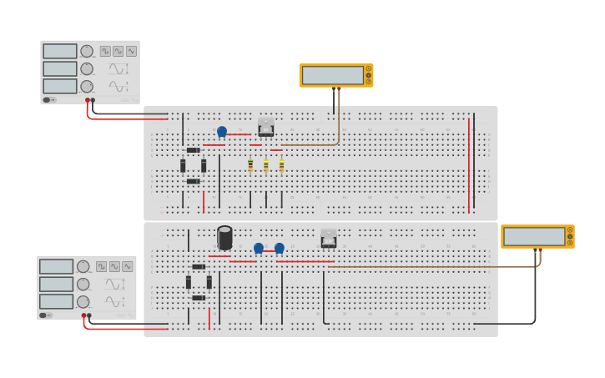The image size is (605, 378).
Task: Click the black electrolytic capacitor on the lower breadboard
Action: tap(224, 238)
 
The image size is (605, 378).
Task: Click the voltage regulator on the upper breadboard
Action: tap(266, 127)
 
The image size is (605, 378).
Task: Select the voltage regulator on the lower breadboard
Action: tap(329, 239)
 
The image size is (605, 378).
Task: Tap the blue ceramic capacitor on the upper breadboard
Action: tap(222, 131)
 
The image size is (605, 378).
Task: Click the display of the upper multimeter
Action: tap(333, 75)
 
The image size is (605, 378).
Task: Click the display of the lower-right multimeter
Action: tap(534, 236)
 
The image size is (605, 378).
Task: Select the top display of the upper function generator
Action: tap(60, 51)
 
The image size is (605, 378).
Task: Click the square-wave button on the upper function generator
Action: tap(105, 51)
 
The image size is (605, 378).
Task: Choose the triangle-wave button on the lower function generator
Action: tap(114, 266)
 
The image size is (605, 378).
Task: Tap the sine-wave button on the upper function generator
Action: tap(131, 51)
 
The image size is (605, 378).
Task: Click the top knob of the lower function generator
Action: tap(83, 266)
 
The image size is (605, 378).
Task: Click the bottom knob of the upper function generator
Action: tap(87, 86)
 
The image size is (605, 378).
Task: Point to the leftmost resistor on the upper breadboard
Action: tap(250, 165)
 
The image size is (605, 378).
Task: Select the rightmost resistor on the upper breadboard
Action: tap(281, 165)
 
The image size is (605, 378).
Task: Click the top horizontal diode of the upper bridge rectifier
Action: tap(193, 150)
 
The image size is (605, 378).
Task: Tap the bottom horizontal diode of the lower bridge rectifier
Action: tap(199, 298)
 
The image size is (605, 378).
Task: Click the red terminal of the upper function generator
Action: tap(87, 100)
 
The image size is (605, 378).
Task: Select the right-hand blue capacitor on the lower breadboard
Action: tap(280, 248)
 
